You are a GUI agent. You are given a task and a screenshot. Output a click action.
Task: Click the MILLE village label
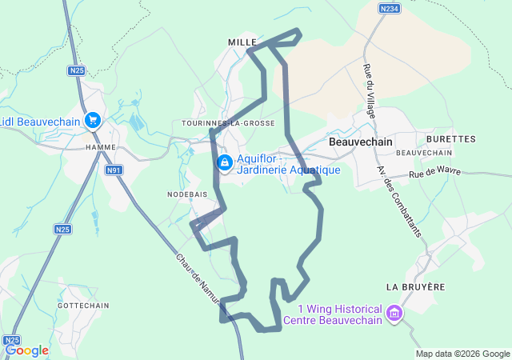[x=242, y=41]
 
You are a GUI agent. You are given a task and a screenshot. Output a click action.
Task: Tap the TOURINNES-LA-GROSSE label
[x=228, y=123]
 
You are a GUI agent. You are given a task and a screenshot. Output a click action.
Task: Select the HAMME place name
[x=100, y=147]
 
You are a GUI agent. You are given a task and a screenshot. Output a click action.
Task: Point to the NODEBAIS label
[x=187, y=194]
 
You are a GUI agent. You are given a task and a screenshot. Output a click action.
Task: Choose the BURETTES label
[x=455, y=138]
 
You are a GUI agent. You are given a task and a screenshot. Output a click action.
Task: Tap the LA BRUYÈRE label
[x=414, y=286]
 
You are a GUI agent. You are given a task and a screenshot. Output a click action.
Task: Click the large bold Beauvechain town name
[x=360, y=141]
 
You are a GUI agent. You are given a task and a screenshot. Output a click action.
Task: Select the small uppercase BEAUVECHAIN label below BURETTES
[x=425, y=152]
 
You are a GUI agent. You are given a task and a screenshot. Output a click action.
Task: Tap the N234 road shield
[x=389, y=8]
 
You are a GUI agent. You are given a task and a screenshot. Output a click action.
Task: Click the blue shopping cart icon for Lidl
[x=93, y=121]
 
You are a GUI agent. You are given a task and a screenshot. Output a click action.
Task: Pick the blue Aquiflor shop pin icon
[x=225, y=163]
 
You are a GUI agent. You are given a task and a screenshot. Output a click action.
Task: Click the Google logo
[x=26, y=350]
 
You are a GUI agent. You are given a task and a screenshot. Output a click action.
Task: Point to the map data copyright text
[x=462, y=354]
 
